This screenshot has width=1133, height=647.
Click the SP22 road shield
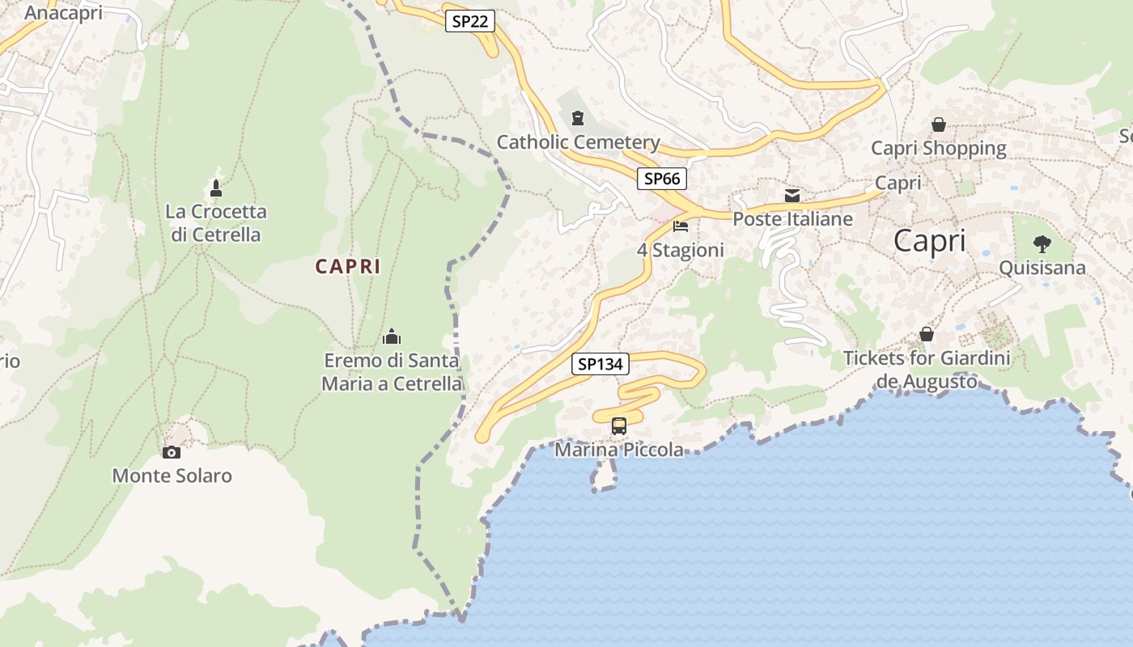pos(469,21)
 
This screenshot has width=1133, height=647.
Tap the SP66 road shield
pos(662,179)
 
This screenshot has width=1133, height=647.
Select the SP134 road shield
pos(600,364)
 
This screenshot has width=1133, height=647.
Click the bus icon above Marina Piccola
pos(619,425)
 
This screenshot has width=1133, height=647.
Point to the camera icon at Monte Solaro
pos(172,452)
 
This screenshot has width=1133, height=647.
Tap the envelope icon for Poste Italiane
pos(792,196)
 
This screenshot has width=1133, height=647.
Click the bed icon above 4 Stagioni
pos(681,226)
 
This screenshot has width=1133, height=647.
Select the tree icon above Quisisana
pos(1042,243)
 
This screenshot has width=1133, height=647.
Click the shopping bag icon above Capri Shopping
pos(939,125)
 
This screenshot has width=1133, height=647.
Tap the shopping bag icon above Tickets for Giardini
pos(927,334)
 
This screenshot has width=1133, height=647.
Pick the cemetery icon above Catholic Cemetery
pos(577,119)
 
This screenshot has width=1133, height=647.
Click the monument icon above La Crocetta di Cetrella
pos(215,188)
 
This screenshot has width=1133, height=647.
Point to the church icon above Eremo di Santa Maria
pos(392,336)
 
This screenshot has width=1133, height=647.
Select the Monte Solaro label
pos(172,476)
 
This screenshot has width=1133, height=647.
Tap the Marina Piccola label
pos(619,450)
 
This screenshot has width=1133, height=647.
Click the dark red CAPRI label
pos(348,266)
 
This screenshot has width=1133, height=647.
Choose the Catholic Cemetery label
pos(578,142)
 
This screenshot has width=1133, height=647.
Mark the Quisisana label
pos(1042,268)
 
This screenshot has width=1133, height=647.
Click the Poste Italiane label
pos(792,219)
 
